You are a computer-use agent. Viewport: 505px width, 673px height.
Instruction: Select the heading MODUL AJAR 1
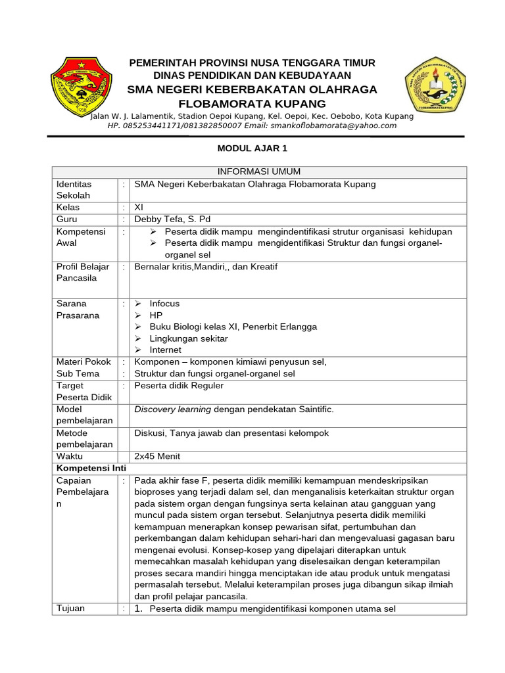click(x=252, y=149)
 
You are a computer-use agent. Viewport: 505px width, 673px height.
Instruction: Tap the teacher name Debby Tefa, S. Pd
click(x=172, y=220)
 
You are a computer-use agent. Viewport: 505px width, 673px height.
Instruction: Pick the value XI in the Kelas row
click(x=139, y=208)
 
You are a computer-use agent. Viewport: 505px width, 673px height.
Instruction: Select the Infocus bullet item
click(x=164, y=304)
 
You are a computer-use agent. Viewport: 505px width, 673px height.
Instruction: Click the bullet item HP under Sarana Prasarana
click(x=156, y=315)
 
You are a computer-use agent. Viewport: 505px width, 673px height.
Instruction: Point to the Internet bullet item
click(x=165, y=350)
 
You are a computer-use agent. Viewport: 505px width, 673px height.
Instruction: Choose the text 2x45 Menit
click(x=157, y=456)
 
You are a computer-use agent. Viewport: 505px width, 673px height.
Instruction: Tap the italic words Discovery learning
click(x=173, y=409)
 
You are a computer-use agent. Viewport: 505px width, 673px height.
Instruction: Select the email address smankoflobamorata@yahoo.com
click(x=339, y=126)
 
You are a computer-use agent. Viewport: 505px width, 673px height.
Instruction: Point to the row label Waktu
click(x=70, y=456)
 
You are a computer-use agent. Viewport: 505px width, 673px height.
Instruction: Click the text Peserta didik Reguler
click(x=179, y=386)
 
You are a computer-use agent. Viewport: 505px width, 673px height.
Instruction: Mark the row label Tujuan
click(x=71, y=609)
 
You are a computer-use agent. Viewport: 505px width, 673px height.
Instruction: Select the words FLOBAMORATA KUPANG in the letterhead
click(x=252, y=104)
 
